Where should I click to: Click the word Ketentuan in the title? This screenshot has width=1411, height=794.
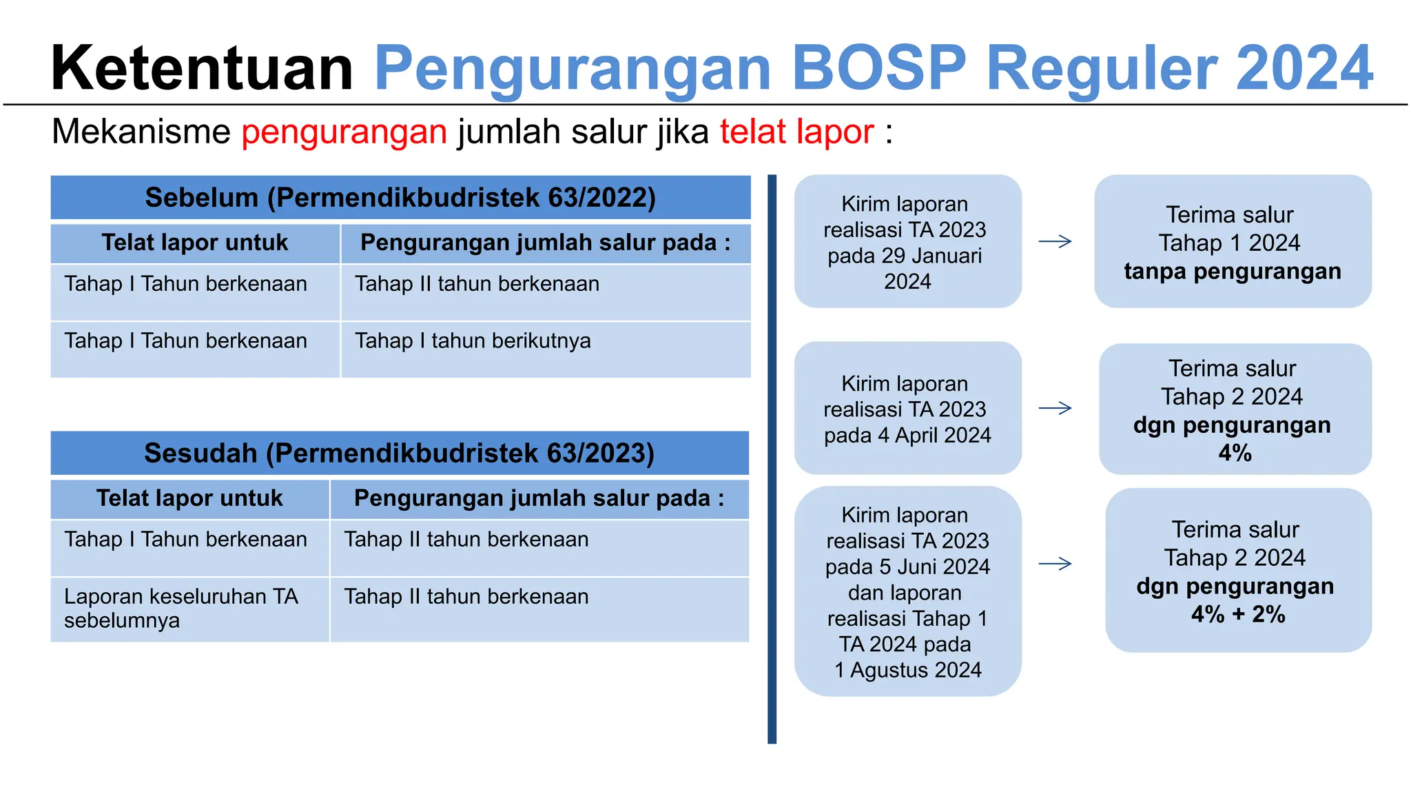pos(201,68)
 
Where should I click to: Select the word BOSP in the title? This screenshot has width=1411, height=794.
pos(879,68)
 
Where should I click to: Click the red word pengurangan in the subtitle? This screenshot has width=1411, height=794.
pos(344,132)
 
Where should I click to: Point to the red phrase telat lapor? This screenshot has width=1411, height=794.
pos(796,132)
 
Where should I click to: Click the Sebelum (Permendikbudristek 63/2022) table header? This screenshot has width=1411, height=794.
pos(400,198)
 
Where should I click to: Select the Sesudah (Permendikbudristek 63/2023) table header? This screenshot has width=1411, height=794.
pos(400,454)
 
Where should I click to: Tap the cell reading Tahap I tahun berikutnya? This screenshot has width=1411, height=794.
pos(473,341)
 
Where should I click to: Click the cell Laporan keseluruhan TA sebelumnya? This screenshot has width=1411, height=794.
pos(181,608)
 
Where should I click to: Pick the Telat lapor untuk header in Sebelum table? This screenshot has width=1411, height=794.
pos(195,243)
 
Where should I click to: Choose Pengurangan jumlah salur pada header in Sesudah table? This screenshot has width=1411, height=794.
pos(539,498)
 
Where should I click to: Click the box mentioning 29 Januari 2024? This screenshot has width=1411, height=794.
pos(907,242)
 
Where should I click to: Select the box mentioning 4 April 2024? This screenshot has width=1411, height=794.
pos(907,409)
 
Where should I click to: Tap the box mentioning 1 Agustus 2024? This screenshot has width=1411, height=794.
pos(907,592)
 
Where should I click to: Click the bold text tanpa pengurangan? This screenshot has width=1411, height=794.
pos(1233,272)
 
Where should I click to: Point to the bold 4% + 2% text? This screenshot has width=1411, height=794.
pos(1238,614)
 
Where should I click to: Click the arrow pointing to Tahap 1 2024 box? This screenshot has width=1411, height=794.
pos(1055,241)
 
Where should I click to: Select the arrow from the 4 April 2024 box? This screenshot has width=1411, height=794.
pos(1055,409)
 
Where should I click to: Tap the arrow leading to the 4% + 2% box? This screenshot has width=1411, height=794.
pos(1055,564)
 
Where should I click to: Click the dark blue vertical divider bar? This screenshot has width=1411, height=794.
pos(772,459)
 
